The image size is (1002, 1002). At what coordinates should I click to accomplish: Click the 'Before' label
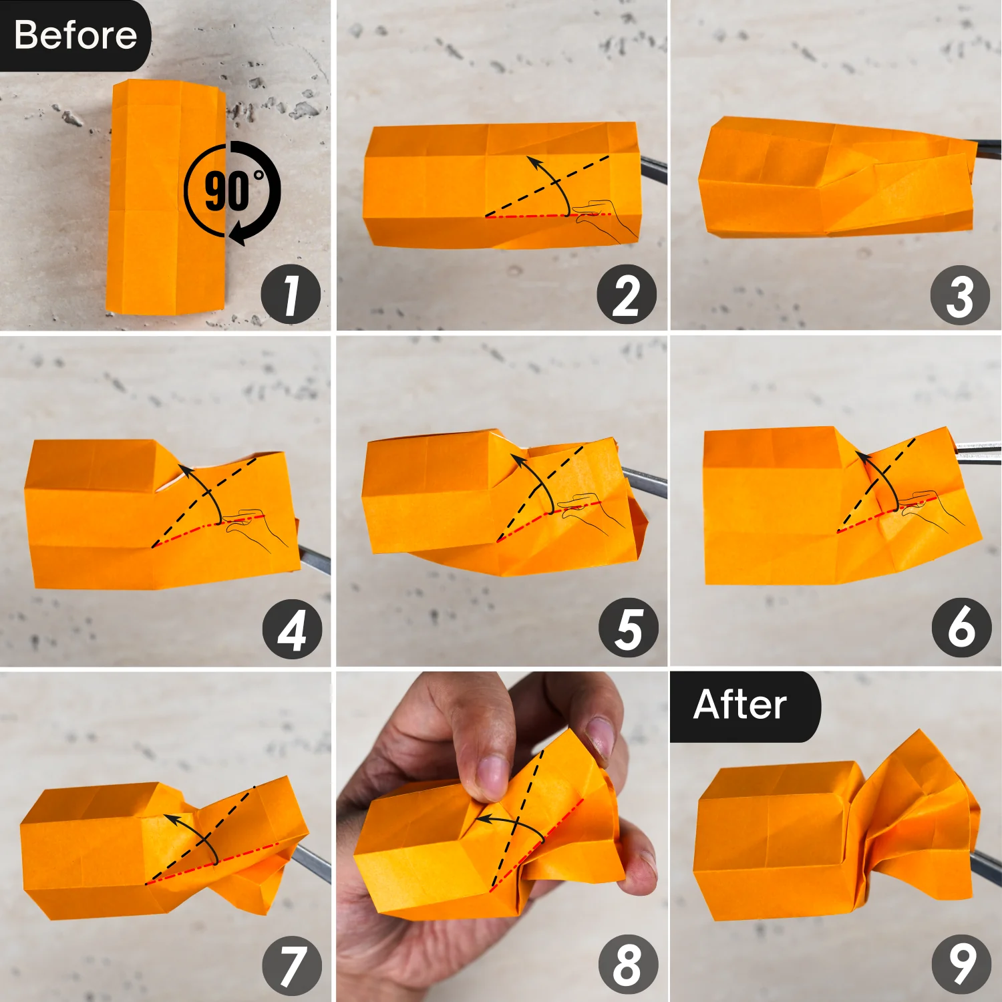click(x=75, y=35)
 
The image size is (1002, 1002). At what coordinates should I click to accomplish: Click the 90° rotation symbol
click(x=232, y=192)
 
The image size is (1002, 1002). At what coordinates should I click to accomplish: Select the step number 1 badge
click(x=291, y=295)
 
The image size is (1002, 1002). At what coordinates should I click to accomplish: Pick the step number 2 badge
click(x=627, y=295)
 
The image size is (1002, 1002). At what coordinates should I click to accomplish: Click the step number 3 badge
click(x=960, y=295)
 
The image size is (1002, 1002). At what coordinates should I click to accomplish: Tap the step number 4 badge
click(x=292, y=629)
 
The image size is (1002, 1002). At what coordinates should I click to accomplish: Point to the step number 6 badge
click(x=962, y=628)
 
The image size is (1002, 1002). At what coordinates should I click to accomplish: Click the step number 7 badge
click(x=293, y=966)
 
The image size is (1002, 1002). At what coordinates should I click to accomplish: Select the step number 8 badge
click(x=628, y=965)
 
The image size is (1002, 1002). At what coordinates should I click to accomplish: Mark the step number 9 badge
click(x=962, y=965)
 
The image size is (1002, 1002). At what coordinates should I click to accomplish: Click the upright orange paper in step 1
click(x=166, y=197)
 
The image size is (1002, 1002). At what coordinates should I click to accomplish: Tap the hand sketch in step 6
click(x=931, y=511)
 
